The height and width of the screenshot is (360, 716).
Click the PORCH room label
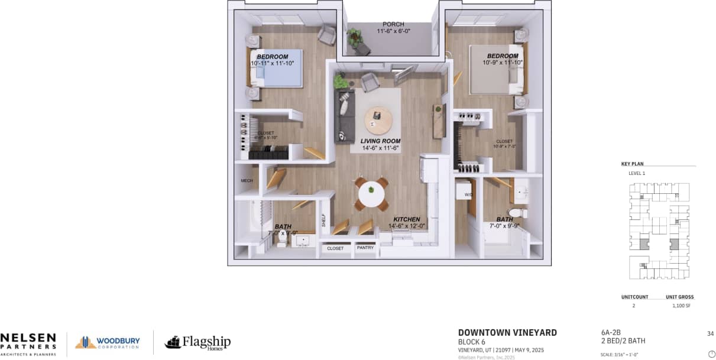coord(393,24)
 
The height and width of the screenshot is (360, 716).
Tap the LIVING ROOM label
coord(381,141)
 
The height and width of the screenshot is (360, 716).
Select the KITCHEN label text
coord(407,219)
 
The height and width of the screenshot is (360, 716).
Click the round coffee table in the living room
coord(378,121)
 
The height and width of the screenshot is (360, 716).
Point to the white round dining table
coord(371,193)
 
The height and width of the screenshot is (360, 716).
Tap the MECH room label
coord(247,181)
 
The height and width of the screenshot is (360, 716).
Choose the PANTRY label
coord(365,248)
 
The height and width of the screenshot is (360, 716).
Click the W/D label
coord(468,194)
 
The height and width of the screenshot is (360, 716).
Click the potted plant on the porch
coord(355,37)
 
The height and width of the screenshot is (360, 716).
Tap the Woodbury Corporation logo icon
coord(85,342)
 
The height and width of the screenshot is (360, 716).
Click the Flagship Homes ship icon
coord(173,342)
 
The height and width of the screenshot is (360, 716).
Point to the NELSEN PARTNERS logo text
coord(28,341)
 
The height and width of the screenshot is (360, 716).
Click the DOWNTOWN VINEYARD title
coord(507,333)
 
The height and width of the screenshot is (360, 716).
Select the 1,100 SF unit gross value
coord(681,306)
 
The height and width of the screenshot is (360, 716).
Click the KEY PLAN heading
coord(632,164)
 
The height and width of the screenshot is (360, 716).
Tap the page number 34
coord(710,333)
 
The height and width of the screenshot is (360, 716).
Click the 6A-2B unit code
coord(611,333)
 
